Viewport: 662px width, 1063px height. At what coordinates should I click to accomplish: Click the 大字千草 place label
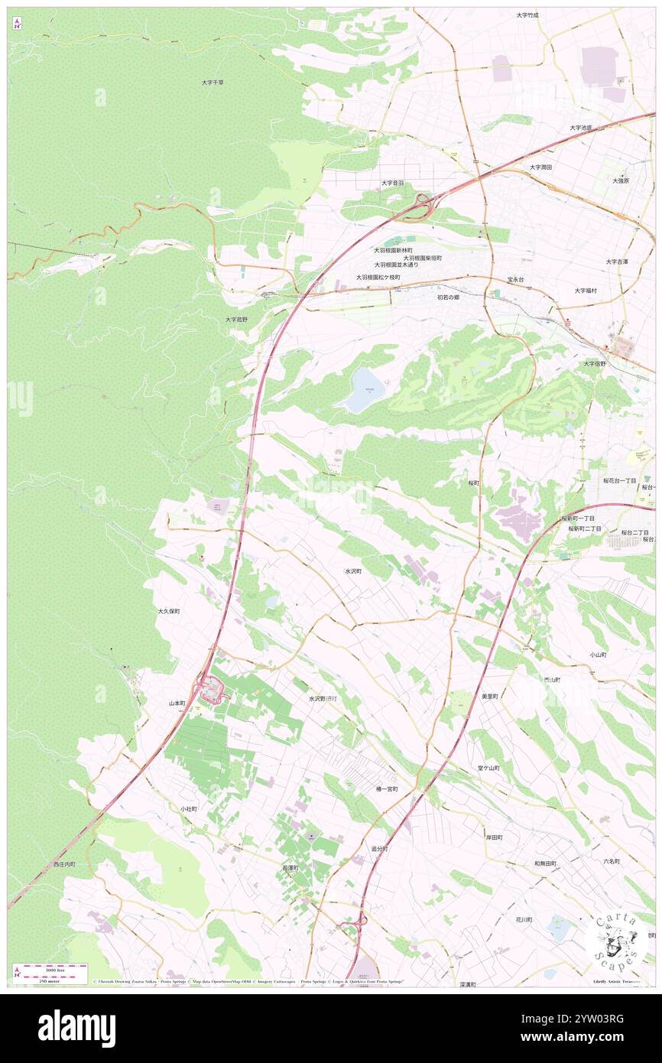coord(213,82)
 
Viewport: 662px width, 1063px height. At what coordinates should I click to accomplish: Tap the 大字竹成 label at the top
coord(527,15)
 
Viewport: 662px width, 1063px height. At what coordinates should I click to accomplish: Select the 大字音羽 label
coord(392,184)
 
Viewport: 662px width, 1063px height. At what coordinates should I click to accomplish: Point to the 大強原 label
coord(620,180)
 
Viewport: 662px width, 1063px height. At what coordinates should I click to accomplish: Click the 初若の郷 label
coord(448,297)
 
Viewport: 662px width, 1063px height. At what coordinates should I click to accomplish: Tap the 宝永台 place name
coord(515,280)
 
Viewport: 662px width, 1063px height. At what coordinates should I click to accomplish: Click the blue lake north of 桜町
coord(364,391)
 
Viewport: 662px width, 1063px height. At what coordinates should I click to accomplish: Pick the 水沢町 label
coord(352,571)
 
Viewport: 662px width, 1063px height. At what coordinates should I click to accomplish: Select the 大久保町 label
coord(168,612)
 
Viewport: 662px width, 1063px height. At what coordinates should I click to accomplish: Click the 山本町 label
coord(177,703)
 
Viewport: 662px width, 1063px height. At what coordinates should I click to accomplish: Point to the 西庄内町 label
coord(64,864)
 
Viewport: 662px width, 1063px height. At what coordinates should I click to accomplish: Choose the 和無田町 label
coord(545,863)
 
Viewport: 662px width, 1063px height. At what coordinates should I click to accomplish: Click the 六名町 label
coord(611,861)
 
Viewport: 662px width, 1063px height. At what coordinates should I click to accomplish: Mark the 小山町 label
coord(598,655)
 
